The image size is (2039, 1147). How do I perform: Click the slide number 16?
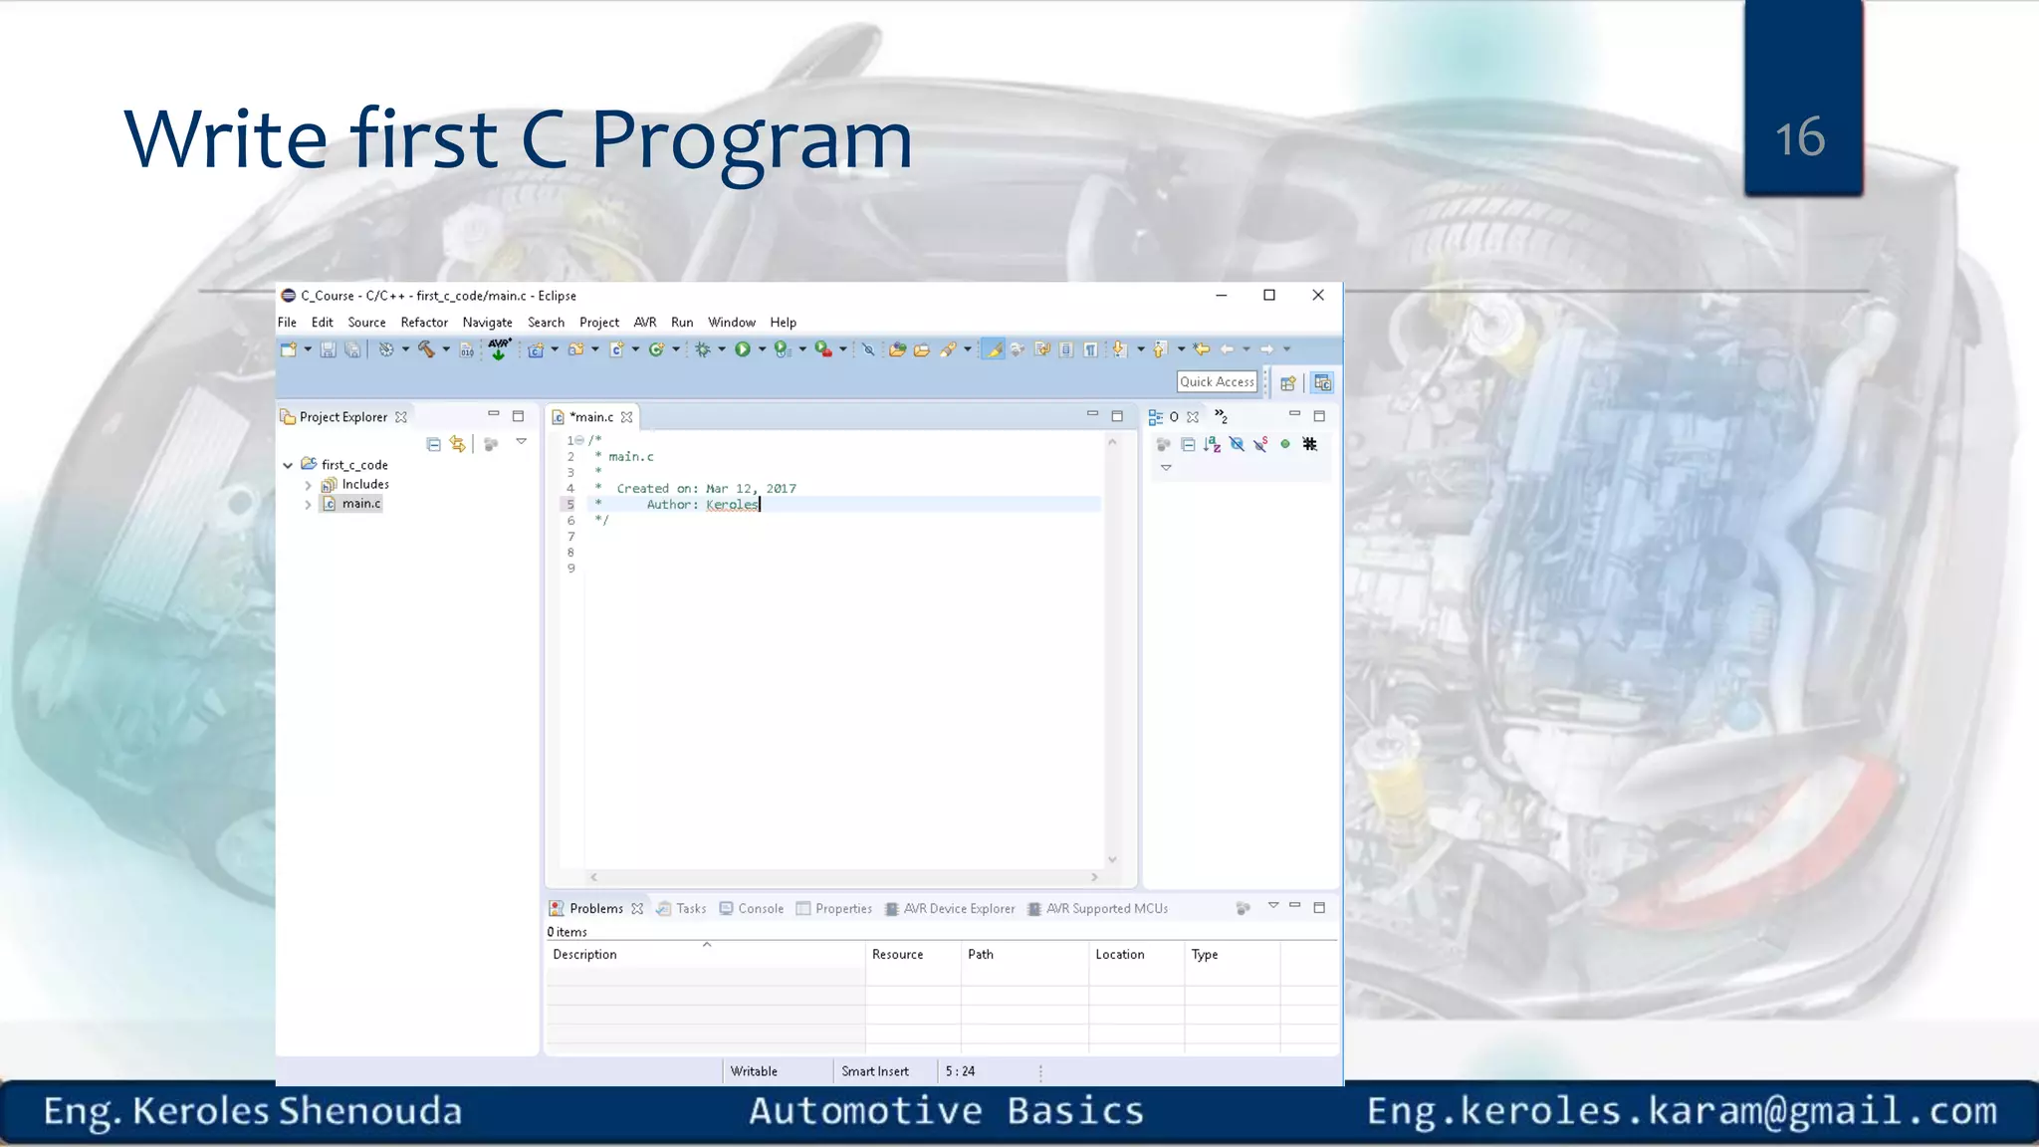click(x=1800, y=137)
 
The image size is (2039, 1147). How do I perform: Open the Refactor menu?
click(x=424, y=323)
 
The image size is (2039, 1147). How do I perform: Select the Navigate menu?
click(x=487, y=323)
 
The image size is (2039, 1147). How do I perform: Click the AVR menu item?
click(x=645, y=323)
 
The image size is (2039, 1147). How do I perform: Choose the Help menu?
click(x=783, y=323)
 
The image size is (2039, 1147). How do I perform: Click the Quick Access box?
click(x=1217, y=382)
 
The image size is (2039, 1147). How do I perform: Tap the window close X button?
click(x=1318, y=295)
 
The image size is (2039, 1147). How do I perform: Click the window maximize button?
click(x=1269, y=295)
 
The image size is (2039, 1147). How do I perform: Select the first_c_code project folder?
click(x=354, y=465)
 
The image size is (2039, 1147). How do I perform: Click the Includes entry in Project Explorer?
click(x=365, y=485)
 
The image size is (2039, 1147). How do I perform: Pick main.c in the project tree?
click(x=360, y=504)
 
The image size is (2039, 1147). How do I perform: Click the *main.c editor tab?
click(x=591, y=417)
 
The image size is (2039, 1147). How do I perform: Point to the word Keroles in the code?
click(x=732, y=505)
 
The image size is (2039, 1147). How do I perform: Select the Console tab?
click(x=761, y=909)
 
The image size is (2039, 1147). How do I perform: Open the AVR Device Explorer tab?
click(x=959, y=909)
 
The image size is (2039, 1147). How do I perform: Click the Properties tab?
click(x=843, y=909)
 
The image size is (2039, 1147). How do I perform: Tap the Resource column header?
click(x=898, y=955)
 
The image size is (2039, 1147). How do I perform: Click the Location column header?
click(x=1120, y=955)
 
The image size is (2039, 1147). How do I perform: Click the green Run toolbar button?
click(x=742, y=349)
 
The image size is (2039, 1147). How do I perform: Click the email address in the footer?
click(x=1682, y=1111)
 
